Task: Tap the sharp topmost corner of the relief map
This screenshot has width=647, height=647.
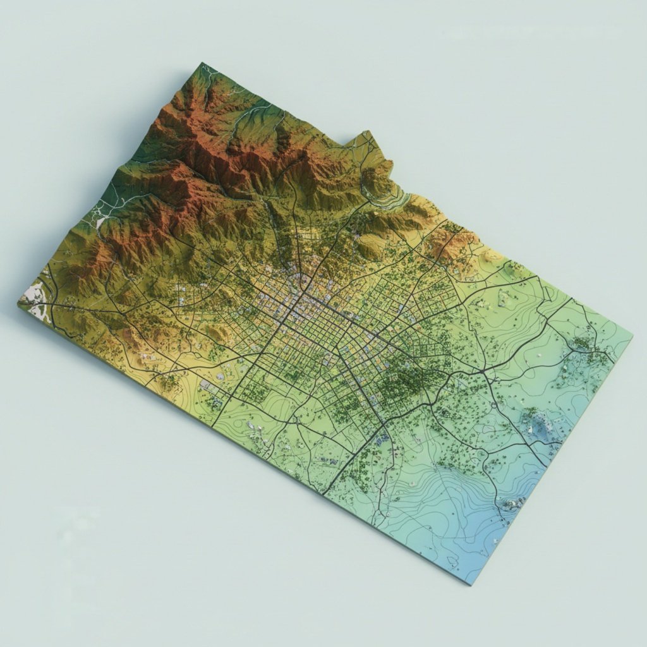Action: click(203, 64)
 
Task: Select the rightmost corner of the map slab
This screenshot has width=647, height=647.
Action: click(630, 336)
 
